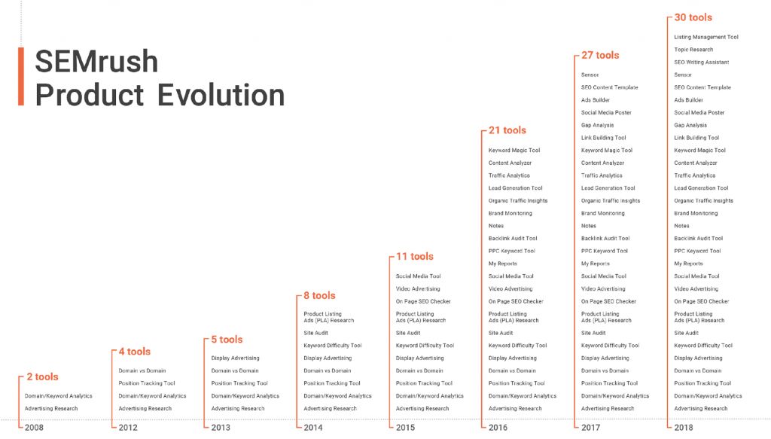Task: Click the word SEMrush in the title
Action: (x=96, y=62)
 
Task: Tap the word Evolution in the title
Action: (x=221, y=95)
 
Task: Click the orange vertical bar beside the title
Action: (x=20, y=76)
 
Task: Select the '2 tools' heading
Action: (x=42, y=377)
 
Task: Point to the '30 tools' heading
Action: (x=693, y=18)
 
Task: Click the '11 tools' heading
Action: (x=415, y=257)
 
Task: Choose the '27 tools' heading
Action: (x=600, y=56)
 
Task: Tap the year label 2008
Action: (x=34, y=428)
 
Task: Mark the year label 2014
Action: (x=312, y=428)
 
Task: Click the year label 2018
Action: (x=684, y=428)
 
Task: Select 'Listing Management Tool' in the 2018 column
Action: (x=706, y=37)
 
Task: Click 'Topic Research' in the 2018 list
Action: (x=693, y=50)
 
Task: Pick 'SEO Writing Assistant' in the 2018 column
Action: (x=701, y=62)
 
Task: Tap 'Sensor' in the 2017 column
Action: (x=590, y=75)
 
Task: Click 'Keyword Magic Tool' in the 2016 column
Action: (x=513, y=151)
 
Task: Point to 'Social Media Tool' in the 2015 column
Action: (x=418, y=276)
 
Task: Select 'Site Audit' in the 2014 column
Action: (x=315, y=334)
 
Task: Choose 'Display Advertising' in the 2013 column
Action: (x=235, y=358)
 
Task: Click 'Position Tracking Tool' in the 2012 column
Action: (x=147, y=383)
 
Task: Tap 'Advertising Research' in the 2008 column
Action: (x=51, y=409)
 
